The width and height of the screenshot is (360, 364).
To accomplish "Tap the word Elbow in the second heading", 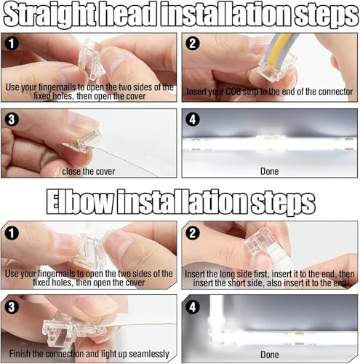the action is pyautogui.click(x=80, y=202).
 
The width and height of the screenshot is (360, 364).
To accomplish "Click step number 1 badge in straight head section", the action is pyautogui.click(x=12, y=44).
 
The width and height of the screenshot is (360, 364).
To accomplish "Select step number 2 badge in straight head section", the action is pyautogui.click(x=193, y=44).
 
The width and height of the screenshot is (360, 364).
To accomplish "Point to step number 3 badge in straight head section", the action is pyautogui.click(x=12, y=119).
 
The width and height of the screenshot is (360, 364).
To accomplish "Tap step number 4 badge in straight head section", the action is pyautogui.click(x=193, y=119).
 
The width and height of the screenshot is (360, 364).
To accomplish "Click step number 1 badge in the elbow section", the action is pyautogui.click(x=12, y=233).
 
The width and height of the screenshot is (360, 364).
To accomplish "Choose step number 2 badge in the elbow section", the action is pyautogui.click(x=193, y=233).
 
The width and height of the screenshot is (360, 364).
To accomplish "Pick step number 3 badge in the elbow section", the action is pyautogui.click(x=12, y=307).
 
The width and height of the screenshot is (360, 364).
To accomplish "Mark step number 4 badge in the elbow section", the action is pyautogui.click(x=193, y=307).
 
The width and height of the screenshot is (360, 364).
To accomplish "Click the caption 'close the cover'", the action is pyautogui.click(x=89, y=171).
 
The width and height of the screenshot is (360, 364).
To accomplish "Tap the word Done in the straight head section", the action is pyautogui.click(x=270, y=171).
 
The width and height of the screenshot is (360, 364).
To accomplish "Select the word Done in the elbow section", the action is pyautogui.click(x=270, y=355).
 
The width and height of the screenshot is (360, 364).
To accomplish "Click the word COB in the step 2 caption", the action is pyautogui.click(x=233, y=92).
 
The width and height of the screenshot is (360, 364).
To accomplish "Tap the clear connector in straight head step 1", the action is pyautogui.click(x=92, y=60).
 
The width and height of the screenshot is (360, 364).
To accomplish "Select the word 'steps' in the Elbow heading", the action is pyautogui.click(x=283, y=203).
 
